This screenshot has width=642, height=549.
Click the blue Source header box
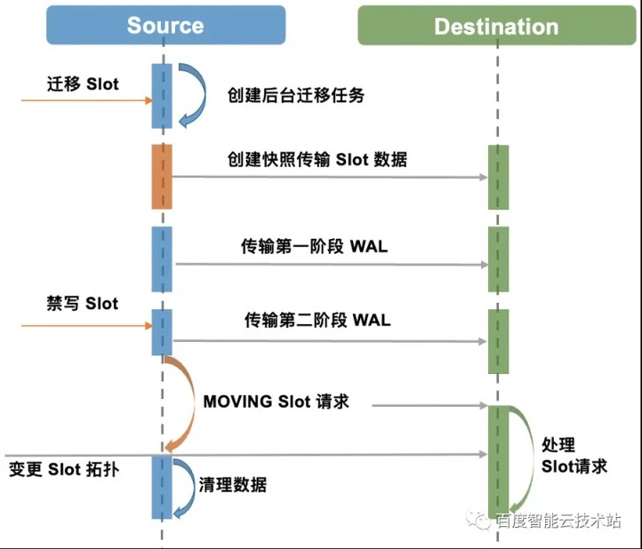point(165,25)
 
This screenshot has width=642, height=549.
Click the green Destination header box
point(497,26)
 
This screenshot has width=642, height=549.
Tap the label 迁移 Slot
point(83,84)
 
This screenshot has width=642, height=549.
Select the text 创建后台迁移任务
point(295,95)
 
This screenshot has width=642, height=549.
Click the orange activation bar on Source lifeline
point(162,177)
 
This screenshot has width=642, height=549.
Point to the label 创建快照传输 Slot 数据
point(317,159)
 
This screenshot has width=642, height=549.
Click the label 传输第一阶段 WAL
point(314,247)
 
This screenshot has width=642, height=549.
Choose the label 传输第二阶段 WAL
point(317,320)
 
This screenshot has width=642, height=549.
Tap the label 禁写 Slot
point(83,304)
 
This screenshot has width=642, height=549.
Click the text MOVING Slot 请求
point(276,402)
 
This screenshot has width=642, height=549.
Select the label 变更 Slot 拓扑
point(64,469)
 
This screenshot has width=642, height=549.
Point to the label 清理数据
point(233,485)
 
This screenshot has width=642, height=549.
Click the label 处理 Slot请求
point(574,456)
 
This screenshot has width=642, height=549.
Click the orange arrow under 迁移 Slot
point(87,100)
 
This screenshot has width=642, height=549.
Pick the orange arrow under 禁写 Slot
point(87,326)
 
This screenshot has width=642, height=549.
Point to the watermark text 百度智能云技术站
point(558,521)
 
